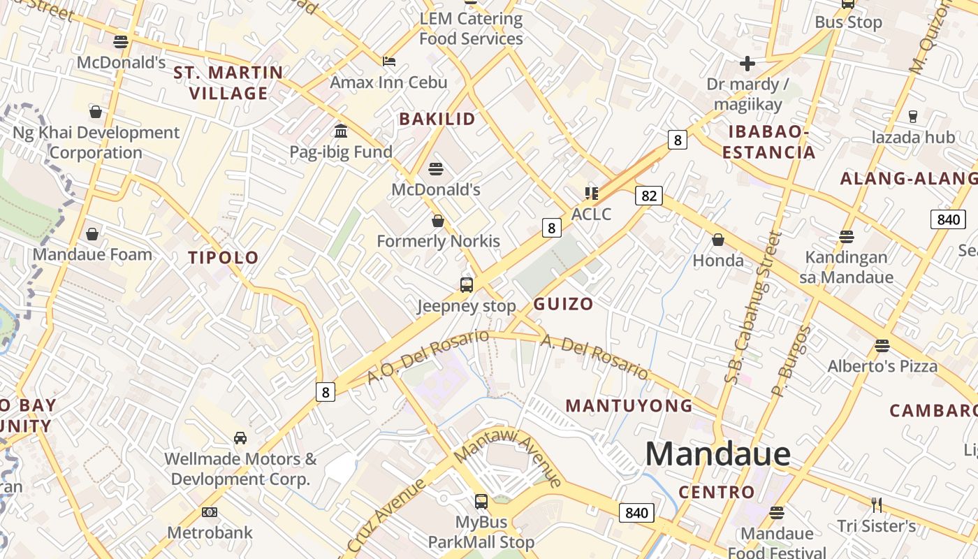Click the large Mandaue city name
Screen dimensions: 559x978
click(x=717, y=454)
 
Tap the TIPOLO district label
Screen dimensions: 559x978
click(x=224, y=257)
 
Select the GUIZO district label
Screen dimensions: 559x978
click(x=563, y=304)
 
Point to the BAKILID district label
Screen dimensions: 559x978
click(x=437, y=119)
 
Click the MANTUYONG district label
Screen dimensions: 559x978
click(x=629, y=405)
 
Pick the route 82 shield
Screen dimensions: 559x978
click(x=649, y=196)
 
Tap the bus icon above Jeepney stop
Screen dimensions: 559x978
click(x=467, y=284)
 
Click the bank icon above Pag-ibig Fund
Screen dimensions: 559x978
click(x=341, y=131)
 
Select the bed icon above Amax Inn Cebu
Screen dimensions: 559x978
click(x=389, y=61)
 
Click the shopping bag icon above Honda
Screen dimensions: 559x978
click(x=718, y=240)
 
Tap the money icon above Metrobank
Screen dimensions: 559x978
click(x=210, y=512)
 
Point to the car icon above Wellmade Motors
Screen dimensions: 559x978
click(x=240, y=438)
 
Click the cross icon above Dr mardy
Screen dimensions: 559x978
click(x=747, y=64)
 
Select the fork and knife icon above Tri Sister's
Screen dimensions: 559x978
click(x=877, y=504)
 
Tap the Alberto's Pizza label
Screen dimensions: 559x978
click(x=882, y=366)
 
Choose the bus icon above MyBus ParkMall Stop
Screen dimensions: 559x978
click(x=481, y=501)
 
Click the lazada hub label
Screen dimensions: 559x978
click(x=913, y=137)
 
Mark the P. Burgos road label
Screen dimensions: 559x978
click(x=791, y=361)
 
